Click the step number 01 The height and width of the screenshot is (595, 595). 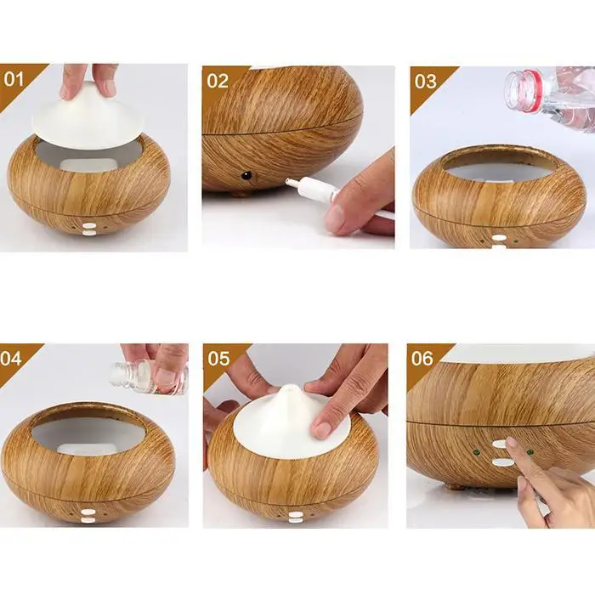(x=14, y=79)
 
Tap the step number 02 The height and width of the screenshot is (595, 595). (x=218, y=82)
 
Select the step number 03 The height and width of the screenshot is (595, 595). (x=425, y=82)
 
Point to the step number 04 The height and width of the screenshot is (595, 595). (x=11, y=358)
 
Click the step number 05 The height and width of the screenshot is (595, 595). (x=218, y=359)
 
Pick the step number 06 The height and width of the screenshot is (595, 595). (x=422, y=358)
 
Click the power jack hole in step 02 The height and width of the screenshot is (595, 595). (x=247, y=176)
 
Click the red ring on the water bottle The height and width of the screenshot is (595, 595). (x=532, y=90)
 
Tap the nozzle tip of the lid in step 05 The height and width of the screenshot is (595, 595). (x=291, y=388)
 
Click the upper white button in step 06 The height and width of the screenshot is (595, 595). (x=500, y=444)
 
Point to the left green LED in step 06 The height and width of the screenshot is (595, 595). (x=474, y=452)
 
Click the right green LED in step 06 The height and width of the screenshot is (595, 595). (x=530, y=452)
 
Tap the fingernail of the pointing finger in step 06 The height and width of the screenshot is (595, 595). (x=512, y=442)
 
